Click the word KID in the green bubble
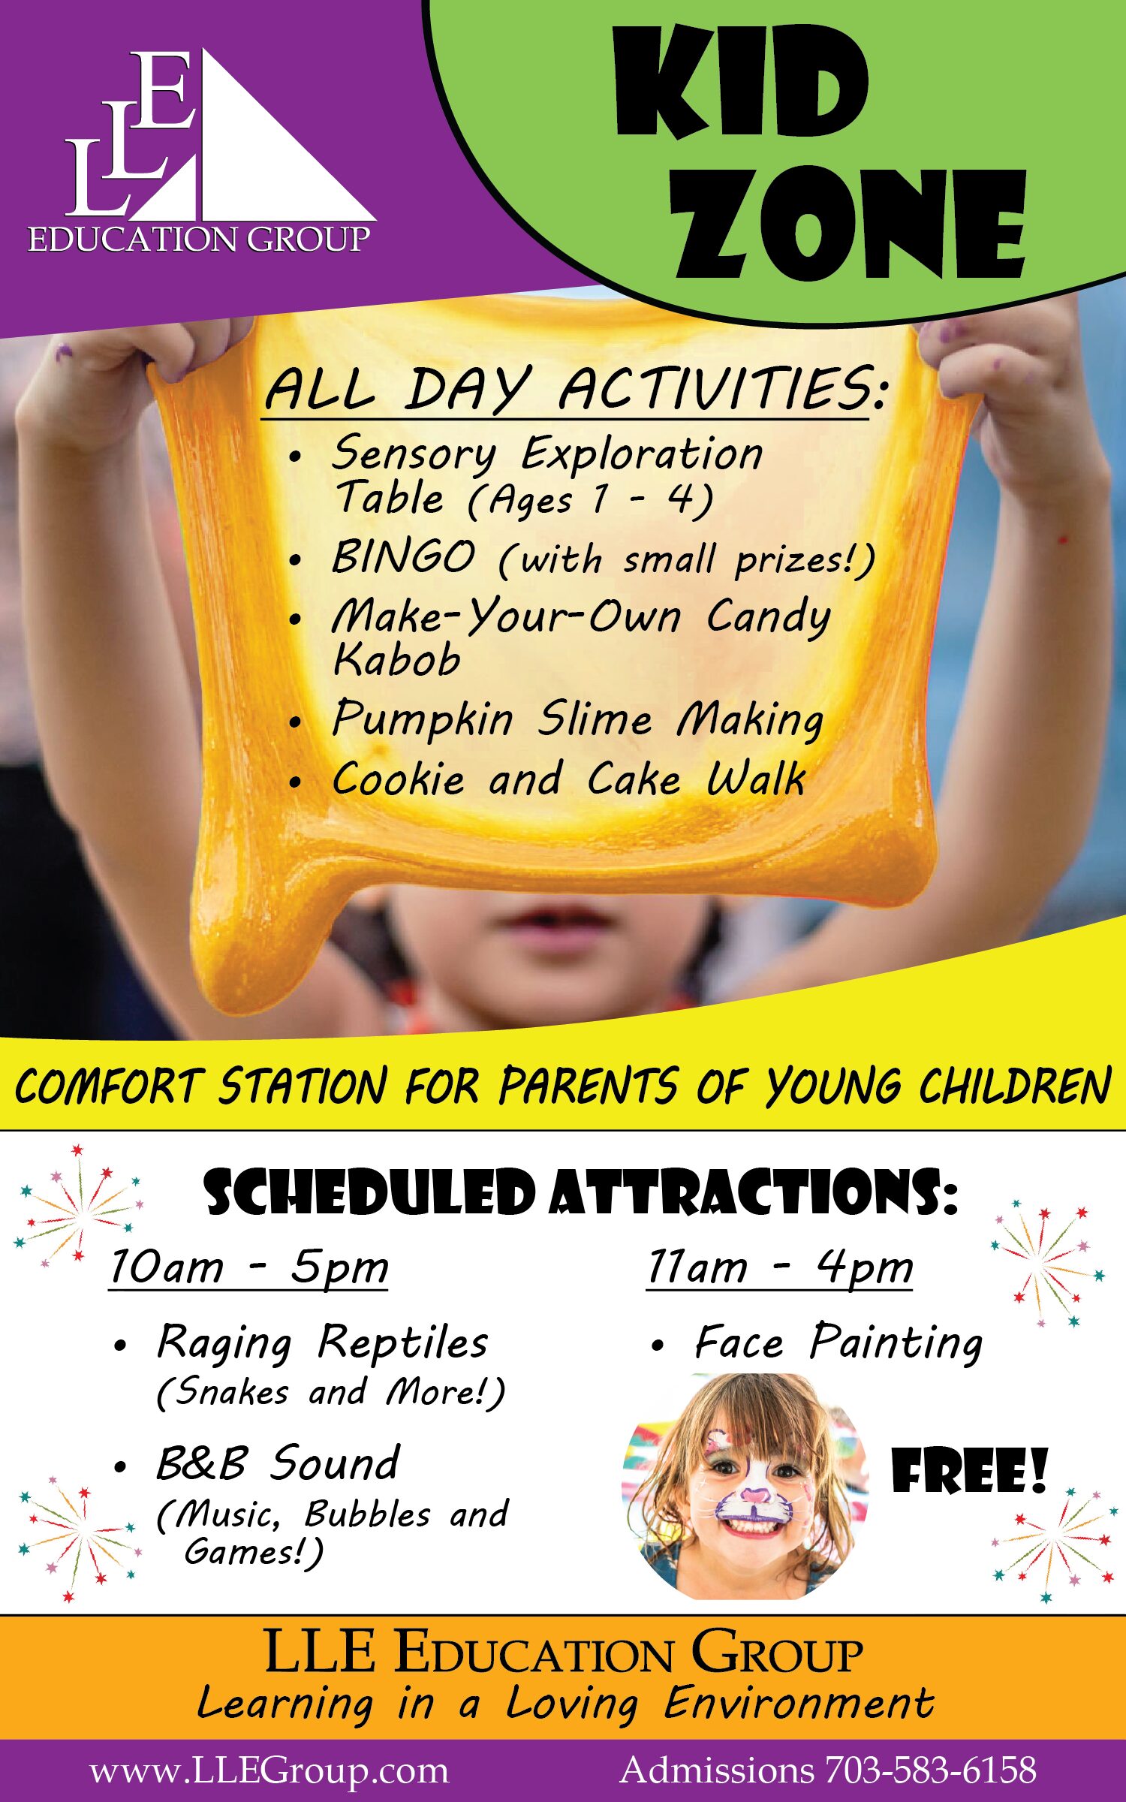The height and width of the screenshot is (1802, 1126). pos(742,82)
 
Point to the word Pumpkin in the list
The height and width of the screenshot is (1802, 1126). pos(423,720)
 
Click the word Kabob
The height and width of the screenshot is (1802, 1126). pos(396,659)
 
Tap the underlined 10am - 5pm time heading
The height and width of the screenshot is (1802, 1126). pos(248,1267)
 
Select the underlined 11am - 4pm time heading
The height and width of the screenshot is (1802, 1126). pos(780,1267)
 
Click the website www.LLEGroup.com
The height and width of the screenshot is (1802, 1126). pos(269,1770)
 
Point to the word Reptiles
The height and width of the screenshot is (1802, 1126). pos(403,1342)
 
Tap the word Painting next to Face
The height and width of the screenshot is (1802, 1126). pos(896,1344)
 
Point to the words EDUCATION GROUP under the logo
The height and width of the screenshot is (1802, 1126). pos(200,240)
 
